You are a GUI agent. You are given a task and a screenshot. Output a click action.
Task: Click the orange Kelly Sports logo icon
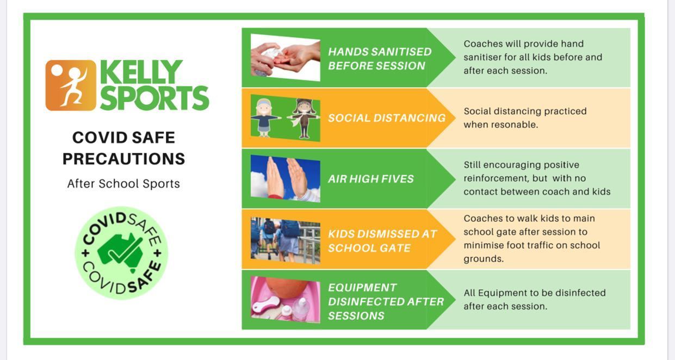tap(71, 85)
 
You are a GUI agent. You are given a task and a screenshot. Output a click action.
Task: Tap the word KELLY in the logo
tap(141, 72)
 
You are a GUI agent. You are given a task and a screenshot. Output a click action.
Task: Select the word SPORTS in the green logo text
tap(154, 98)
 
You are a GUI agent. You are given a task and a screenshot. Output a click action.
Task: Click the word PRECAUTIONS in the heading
tap(123, 159)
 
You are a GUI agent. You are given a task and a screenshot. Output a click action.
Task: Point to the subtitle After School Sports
tap(123, 183)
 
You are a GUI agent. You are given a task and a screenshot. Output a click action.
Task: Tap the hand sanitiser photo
tap(286, 58)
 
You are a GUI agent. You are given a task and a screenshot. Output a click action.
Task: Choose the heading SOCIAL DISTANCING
tap(387, 118)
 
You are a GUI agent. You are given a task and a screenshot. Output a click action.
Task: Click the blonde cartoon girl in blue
tap(264, 117)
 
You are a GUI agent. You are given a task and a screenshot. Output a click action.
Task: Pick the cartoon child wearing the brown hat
tap(304, 119)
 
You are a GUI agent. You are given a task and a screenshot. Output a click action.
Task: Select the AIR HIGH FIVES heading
tap(370, 179)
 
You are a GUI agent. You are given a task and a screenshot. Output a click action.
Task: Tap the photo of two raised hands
tap(286, 179)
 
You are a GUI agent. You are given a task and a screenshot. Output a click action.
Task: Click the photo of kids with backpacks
tap(286, 241)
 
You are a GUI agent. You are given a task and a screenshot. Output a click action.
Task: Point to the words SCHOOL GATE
tap(369, 248)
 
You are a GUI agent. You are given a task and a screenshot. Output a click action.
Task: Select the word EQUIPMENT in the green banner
tap(362, 287)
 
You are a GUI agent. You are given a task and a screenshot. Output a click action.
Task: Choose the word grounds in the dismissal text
tap(484, 259)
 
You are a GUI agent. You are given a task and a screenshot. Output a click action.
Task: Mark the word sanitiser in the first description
tap(483, 57)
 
